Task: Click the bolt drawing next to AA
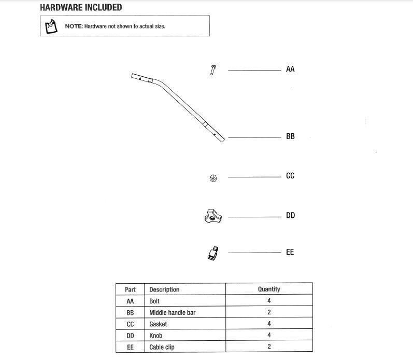pyautogui.click(x=213, y=70)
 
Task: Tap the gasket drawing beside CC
pyautogui.click(x=213, y=178)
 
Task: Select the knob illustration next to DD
pyautogui.click(x=213, y=216)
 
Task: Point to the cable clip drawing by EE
pyautogui.click(x=213, y=253)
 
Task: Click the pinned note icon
pyautogui.click(x=51, y=26)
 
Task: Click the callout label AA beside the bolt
pyautogui.click(x=290, y=69)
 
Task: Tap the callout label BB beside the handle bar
pyautogui.click(x=290, y=136)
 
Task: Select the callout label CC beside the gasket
pyautogui.click(x=290, y=176)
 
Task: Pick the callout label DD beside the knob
pyautogui.click(x=290, y=215)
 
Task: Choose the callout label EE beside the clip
pyautogui.click(x=290, y=252)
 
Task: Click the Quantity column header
pyautogui.click(x=269, y=289)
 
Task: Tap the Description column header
pyautogui.click(x=164, y=289)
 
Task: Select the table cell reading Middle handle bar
pyautogui.click(x=172, y=312)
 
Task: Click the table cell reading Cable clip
pyautogui.click(x=162, y=347)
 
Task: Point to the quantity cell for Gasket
pyautogui.click(x=269, y=324)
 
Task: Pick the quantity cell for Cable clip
pyautogui.click(x=269, y=347)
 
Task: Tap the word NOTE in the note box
pyautogui.click(x=74, y=26)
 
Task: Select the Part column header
pyautogui.click(x=130, y=289)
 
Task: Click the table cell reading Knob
pyautogui.click(x=155, y=336)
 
